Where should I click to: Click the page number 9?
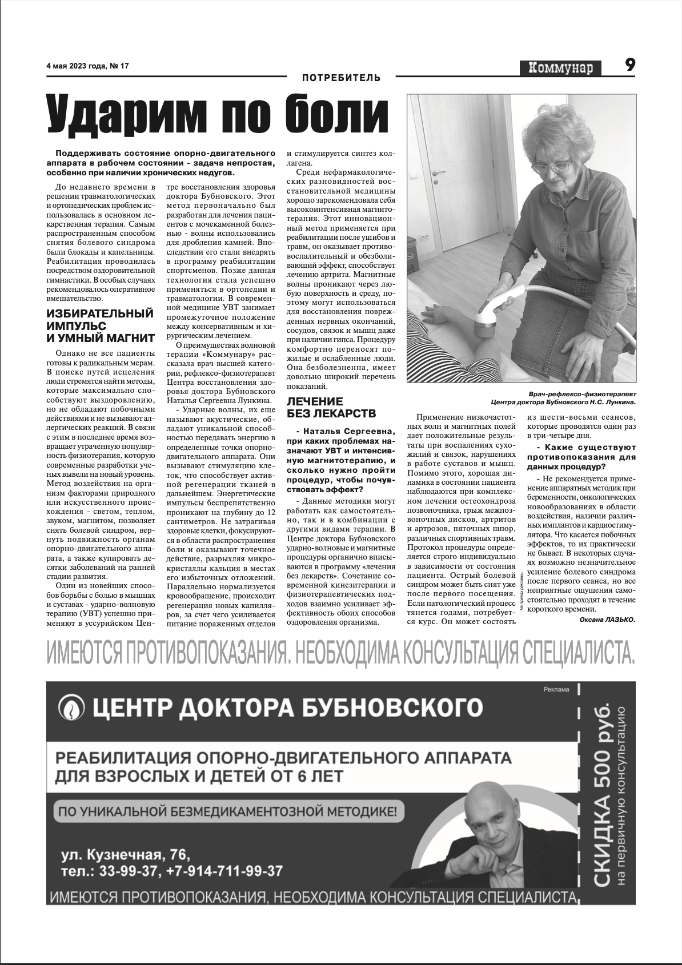pyautogui.click(x=629, y=65)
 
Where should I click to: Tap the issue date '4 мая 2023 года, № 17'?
pyautogui.click(x=87, y=66)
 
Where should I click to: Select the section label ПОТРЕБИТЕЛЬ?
pyautogui.click(x=341, y=78)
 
